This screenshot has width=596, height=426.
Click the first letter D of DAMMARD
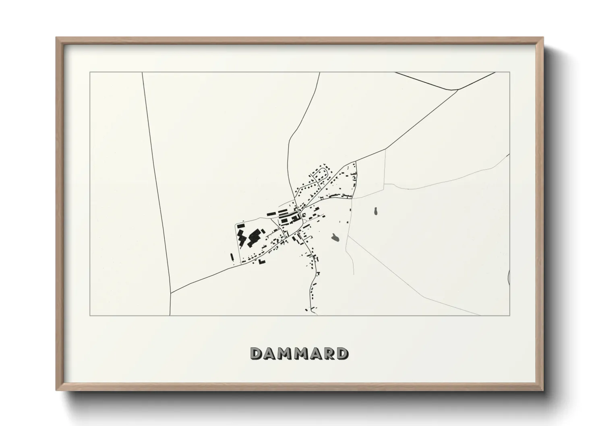click(x=257, y=354)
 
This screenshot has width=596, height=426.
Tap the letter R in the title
click(x=327, y=354)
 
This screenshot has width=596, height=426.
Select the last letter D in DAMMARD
click(x=342, y=354)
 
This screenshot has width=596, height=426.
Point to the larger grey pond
click(x=335, y=238)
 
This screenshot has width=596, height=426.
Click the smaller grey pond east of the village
click(x=376, y=211)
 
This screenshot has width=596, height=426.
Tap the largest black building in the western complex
click(x=254, y=238)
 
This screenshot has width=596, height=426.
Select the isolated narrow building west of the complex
click(x=232, y=257)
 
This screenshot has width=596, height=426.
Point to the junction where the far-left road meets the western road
click(x=171, y=293)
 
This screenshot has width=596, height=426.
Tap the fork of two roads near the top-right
click(x=458, y=89)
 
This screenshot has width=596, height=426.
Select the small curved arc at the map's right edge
click(x=509, y=277)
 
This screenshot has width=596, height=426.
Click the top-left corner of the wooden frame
click(x=57, y=38)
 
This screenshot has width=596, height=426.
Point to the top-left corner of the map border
click(x=90, y=72)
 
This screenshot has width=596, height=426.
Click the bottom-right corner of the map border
click(x=510, y=315)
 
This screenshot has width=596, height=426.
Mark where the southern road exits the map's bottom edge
click(x=317, y=315)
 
